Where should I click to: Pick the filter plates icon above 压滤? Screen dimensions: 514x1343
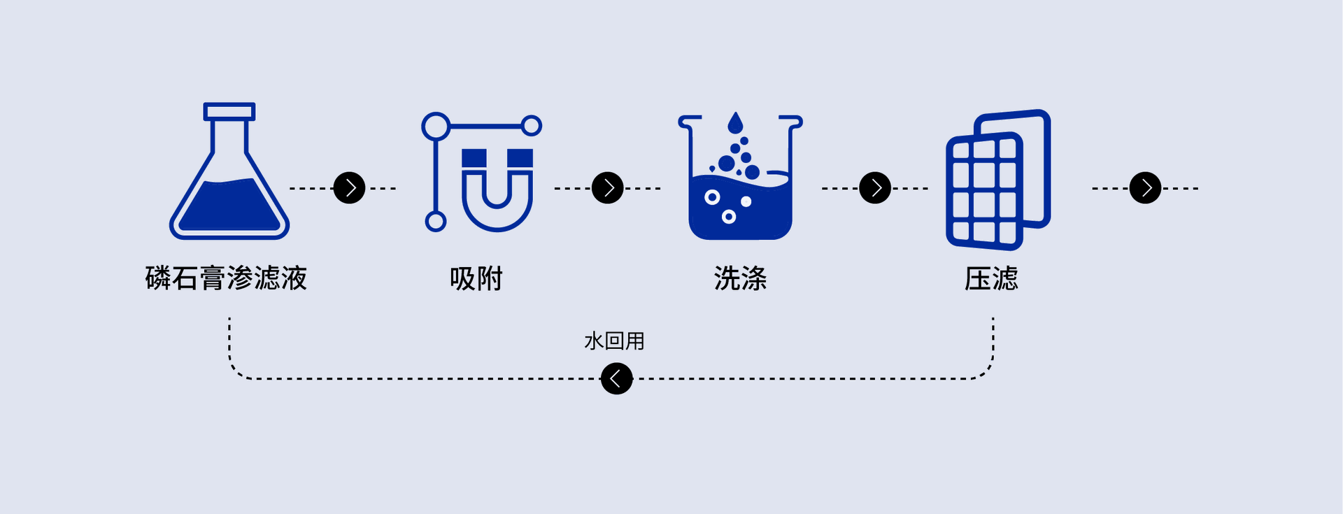click(x=998, y=180)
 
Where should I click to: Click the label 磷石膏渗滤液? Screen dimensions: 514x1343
click(x=227, y=278)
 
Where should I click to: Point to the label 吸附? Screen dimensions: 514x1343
click(x=476, y=278)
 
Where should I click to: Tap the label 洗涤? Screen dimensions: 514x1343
click(x=740, y=278)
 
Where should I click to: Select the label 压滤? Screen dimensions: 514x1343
click(x=991, y=278)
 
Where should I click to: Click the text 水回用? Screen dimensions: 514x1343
click(x=614, y=341)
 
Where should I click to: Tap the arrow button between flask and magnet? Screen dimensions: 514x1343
click(x=350, y=188)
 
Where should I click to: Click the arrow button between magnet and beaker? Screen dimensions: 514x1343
click(x=608, y=188)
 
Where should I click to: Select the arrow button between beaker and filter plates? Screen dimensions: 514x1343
click(x=875, y=188)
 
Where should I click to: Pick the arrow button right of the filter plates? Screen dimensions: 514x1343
click(x=1146, y=188)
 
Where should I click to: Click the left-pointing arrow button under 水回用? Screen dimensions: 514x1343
click(x=616, y=378)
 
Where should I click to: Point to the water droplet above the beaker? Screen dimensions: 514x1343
click(x=734, y=124)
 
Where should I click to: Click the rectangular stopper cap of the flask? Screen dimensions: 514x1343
click(x=229, y=112)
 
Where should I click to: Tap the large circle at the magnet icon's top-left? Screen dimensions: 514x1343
click(x=436, y=127)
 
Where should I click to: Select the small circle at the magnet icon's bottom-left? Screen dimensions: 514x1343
click(x=436, y=222)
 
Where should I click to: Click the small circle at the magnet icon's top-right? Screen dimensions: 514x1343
click(x=532, y=126)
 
